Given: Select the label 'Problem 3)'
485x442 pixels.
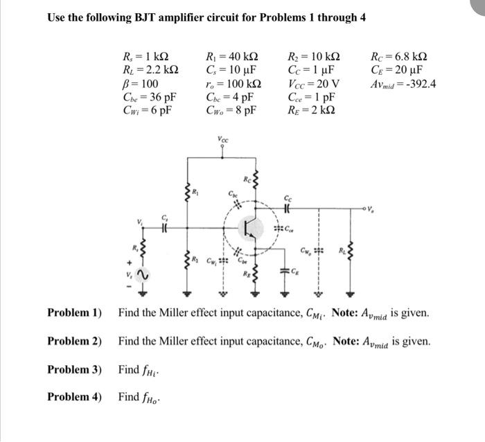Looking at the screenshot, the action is tap(74, 369).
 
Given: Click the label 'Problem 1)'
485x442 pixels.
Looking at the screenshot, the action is tap(74, 313).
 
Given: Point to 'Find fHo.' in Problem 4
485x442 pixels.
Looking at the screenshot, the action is tap(139, 397).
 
